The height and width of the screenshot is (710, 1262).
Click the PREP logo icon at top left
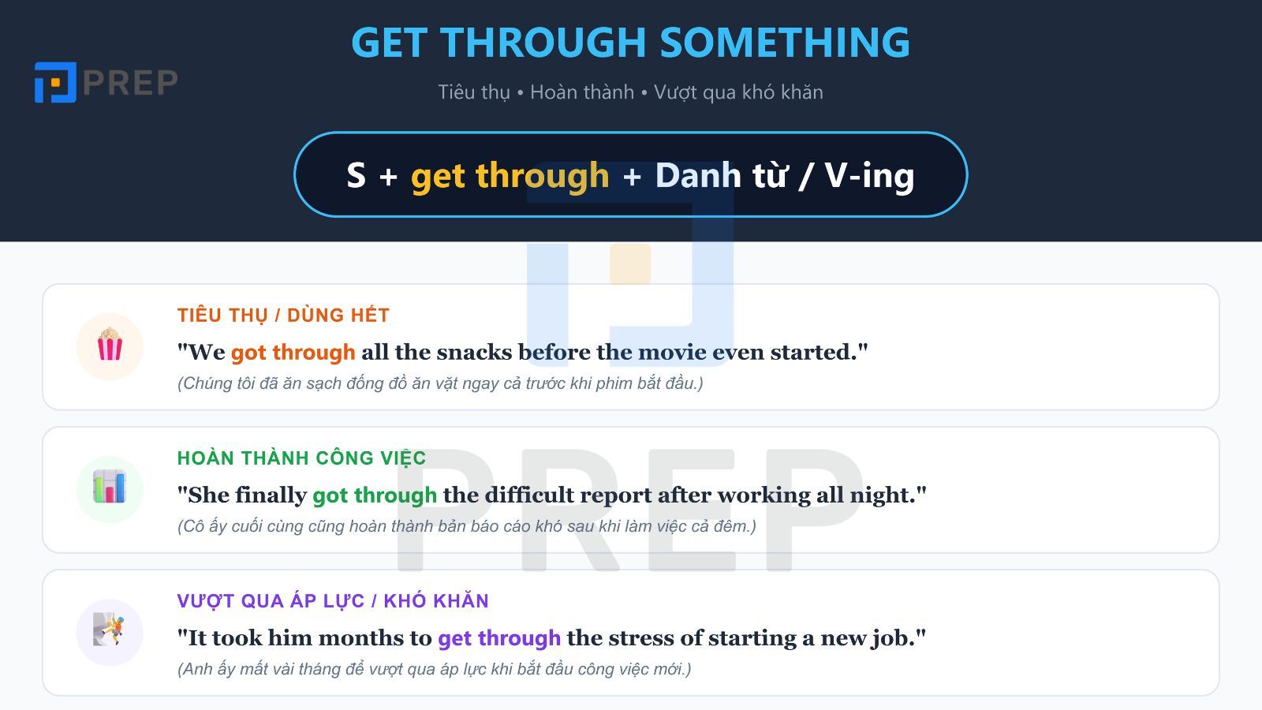click(x=55, y=82)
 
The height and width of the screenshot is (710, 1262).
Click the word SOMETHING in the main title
click(x=784, y=43)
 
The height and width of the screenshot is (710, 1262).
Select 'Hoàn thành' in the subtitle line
click(x=581, y=92)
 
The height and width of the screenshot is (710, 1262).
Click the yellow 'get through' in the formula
click(x=510, y=175)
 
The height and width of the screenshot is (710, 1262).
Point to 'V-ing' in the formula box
click(x=869, y=175)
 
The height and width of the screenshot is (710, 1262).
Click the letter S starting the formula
click(x=356, y=175)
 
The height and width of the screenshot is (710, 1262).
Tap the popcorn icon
click(x=110, y=346)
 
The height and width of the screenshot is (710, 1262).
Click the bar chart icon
click(x=110, y=488)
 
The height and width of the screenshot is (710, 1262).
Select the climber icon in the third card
click(x=110, y=631)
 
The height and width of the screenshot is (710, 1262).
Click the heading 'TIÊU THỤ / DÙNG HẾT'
click(x=283, y=316)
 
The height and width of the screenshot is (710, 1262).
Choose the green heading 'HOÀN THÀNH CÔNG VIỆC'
click(x=301, y=458)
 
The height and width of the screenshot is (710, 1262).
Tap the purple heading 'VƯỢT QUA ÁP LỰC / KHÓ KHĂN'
click(x=333, y=601)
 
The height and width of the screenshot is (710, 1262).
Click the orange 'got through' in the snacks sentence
click(x=293, y=352)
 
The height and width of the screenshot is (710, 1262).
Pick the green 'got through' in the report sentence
click(x=375, y=495)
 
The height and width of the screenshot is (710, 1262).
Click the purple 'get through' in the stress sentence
click(x=499, y=637)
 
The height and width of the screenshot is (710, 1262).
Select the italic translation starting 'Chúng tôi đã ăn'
click(x=440, y=383)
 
